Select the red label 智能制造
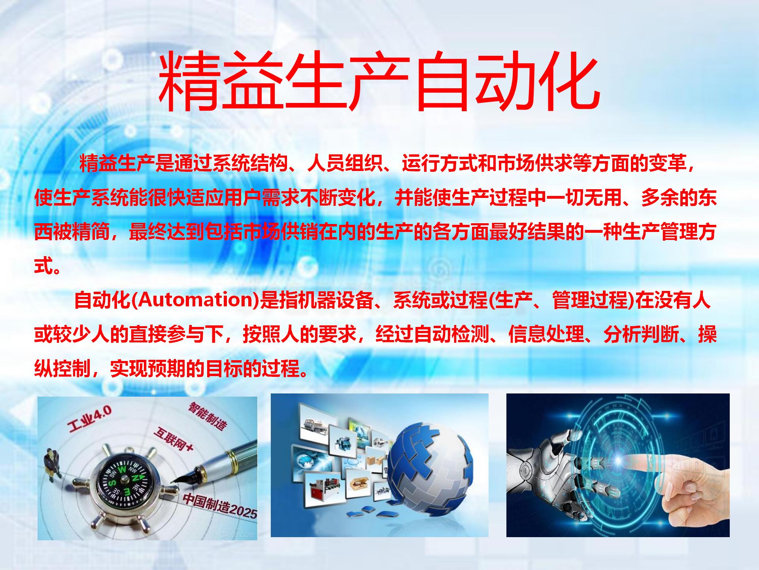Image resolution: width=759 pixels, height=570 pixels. pos(208,416)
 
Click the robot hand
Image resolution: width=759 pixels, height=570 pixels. pos(561,471)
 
